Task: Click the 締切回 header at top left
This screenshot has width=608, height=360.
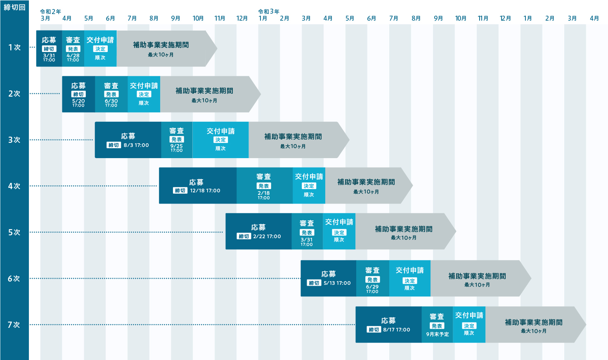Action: point(14,7)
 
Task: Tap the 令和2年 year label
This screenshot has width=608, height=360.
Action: point(50,12)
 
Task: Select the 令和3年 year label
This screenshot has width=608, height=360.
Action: point(268,12)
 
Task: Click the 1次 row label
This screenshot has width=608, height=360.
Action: point(14,47)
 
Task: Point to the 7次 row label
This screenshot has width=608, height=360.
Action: point(14,325)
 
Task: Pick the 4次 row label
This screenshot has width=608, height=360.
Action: point(14,186)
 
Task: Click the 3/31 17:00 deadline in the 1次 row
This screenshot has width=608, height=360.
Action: point(49,57)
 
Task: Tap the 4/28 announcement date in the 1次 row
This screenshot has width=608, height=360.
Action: point(73,55)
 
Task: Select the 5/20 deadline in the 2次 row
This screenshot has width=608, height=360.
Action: point(78,101)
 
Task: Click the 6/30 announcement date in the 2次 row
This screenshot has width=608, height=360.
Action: point(111,101)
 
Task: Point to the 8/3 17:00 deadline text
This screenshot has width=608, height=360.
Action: point(136,145)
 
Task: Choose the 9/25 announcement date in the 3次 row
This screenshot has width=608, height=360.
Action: point(176,146)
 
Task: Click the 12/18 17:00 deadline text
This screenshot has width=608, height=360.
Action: point(205,191)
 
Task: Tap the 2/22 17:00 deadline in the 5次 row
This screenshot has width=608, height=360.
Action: point(267,237)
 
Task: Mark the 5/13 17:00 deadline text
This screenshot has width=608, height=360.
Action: point(337,283)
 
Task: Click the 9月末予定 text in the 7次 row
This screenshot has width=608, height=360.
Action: point(437,334)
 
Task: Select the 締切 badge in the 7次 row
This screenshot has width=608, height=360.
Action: point(374,329)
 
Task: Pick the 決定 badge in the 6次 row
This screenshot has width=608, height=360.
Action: point(409,281)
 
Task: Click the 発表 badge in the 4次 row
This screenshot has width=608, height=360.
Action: point(264,186)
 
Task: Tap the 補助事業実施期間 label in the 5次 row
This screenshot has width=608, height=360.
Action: point(404,229)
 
